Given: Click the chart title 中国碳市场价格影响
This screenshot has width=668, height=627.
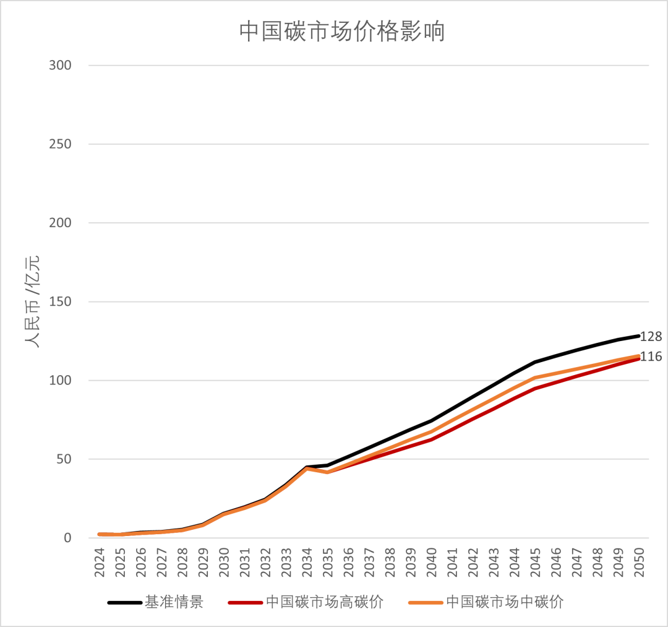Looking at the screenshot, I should point(342,32).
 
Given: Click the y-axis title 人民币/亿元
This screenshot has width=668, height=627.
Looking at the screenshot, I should point(32,301).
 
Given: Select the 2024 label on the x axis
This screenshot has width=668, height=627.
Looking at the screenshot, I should point(100,562).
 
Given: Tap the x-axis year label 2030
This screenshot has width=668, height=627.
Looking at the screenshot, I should point(224,562).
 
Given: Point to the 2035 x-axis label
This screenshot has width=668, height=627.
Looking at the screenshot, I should point(328,562).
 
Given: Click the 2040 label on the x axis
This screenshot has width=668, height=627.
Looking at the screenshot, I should point(431,562).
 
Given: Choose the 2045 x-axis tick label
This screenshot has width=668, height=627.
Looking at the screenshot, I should point(535,562).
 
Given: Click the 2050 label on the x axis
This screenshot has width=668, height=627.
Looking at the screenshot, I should point(638,562).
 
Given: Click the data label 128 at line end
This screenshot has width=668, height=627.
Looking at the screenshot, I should point(651,337).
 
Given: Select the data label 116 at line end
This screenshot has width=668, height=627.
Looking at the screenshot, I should point(651,357).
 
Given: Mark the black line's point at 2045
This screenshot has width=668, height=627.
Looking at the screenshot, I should point(535,361).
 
